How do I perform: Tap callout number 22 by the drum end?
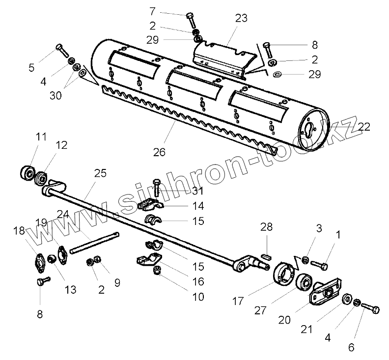pyautogui.click(x=364, y=126)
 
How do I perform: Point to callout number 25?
pyautogui.click(x=100, y=173)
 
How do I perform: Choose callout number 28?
pyautogui.click(x=266, y=226)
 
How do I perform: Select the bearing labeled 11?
pyautogui.click(x=27, y=173)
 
